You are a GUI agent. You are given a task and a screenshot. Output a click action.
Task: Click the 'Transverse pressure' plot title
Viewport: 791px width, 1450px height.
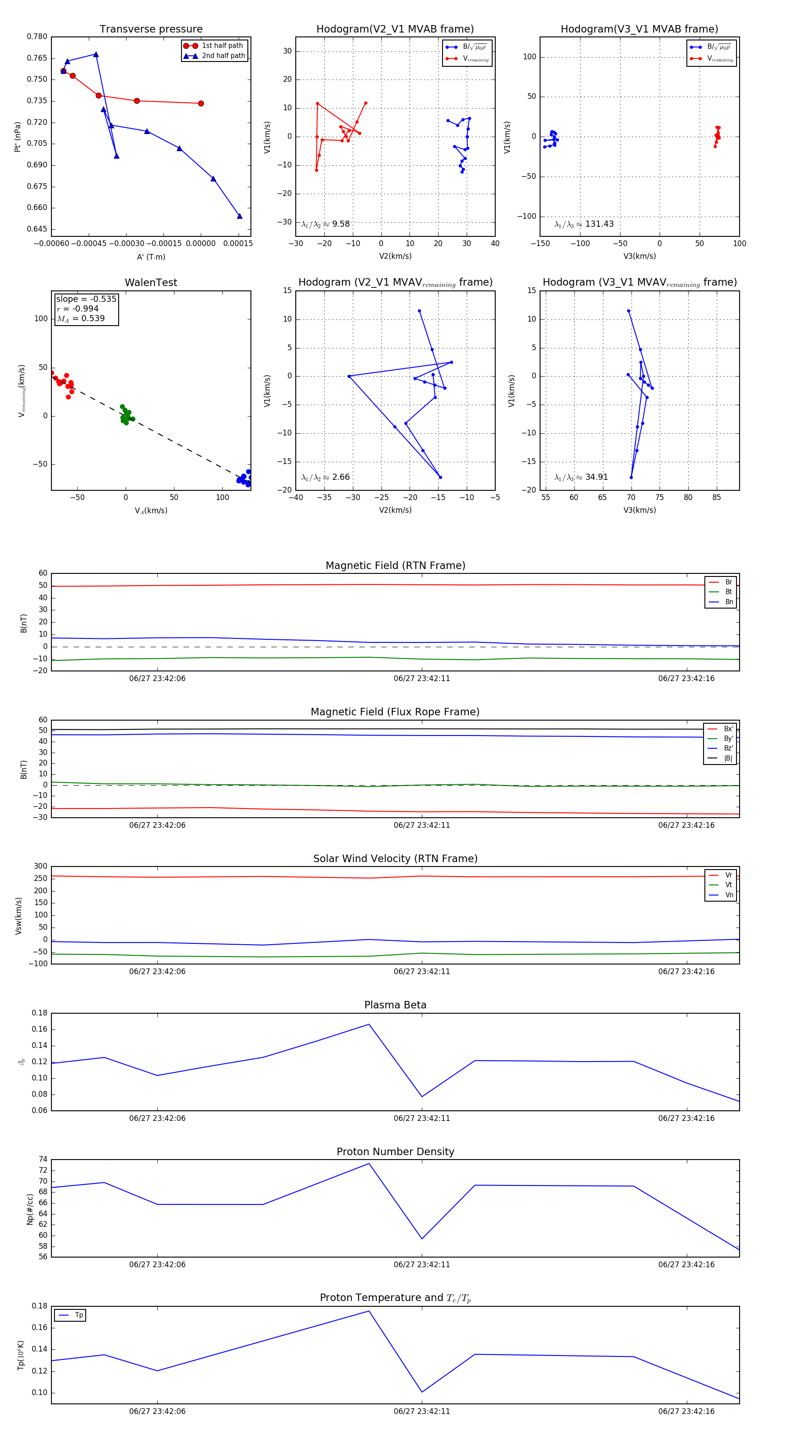pos(151,29)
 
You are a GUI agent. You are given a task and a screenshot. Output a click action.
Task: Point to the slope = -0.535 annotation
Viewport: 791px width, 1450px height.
pos(86,299)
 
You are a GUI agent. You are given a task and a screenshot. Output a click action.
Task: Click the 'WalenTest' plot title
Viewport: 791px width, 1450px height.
pos(151,283)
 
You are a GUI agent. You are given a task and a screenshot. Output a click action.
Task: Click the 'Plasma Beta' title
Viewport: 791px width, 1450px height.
pos(395,1005)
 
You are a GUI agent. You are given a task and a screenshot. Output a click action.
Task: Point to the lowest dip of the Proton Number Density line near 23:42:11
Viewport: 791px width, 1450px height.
pos(422,1238)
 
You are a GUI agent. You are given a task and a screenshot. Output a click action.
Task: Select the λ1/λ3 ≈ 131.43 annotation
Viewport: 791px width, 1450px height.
pos(584,224)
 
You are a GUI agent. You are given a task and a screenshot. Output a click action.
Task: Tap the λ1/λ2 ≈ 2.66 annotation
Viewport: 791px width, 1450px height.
pos(325,477)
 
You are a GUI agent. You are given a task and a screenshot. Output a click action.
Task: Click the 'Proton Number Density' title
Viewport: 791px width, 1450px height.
pos(395,1152)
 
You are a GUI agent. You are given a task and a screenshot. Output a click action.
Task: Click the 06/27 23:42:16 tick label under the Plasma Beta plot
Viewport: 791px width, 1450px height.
pos(686,1118)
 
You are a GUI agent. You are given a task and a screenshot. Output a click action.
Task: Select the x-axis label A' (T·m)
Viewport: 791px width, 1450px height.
pos(151,257)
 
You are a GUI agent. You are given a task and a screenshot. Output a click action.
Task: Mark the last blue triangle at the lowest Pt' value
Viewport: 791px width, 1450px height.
pos(240,216)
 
